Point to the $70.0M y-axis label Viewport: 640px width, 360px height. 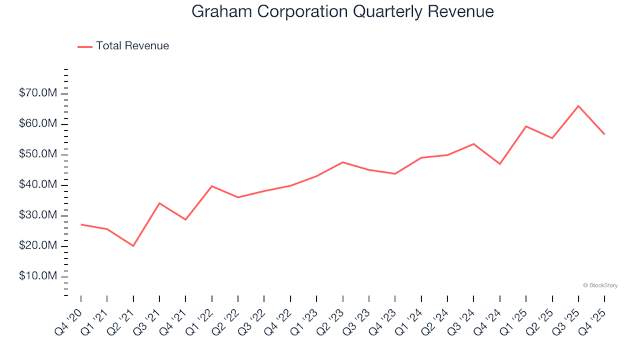click(39, 93)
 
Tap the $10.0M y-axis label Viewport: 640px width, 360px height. click(39, 277)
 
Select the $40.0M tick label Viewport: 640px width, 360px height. click(39, 185)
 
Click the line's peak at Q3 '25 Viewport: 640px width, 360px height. click(579, 106)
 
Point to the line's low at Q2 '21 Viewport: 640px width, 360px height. click(133, 246)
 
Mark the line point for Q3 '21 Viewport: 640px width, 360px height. click(159, 203)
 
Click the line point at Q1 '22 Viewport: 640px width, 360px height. click(212, 186)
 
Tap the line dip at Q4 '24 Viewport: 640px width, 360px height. click(500, 164)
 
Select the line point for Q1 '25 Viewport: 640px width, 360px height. click(526, 126)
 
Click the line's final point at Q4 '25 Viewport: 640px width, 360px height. click(605, 134)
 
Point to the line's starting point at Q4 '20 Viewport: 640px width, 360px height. click(81, 225)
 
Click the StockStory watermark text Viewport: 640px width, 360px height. click(600, 285)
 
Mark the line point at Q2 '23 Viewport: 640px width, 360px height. click(343, 162)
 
